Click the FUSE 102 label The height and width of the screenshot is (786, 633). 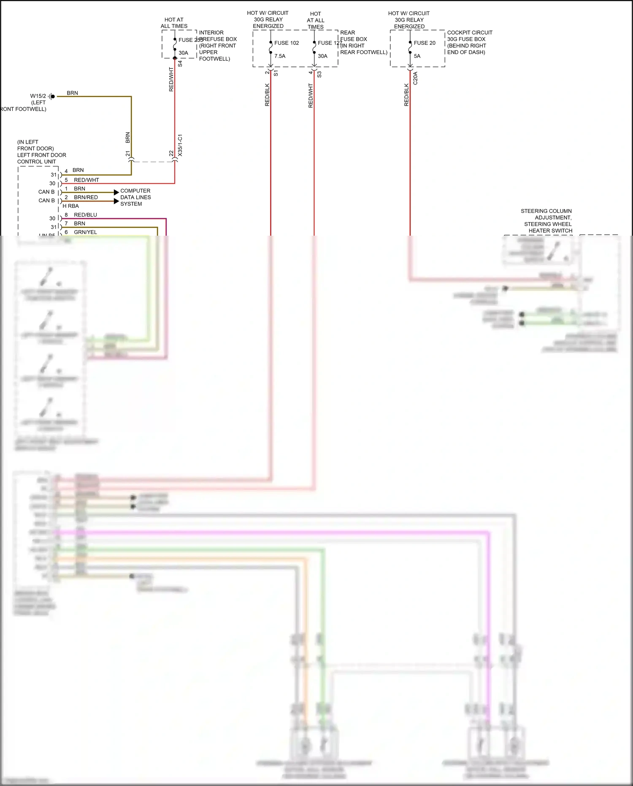pos(286,43)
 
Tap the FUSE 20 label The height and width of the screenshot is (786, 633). pos(425,43)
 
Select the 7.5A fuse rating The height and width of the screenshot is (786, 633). pos(280,56)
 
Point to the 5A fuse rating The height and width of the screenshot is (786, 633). pos(417,56)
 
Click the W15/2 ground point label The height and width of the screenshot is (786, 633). pos(38,96)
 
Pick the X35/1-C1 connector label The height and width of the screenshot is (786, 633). pos(180,145)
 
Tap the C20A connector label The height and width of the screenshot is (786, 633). pos(415,78)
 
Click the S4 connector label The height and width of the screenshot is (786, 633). pos(180,64)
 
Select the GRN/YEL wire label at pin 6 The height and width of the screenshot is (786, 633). pos(85,232)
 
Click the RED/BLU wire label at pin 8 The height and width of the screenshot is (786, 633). pos(85,215)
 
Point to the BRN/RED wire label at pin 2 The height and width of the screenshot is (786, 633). pos(86,197)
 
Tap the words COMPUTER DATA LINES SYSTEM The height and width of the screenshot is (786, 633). pos(135,197)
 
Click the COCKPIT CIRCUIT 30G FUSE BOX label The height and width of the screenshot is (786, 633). pos(469,36)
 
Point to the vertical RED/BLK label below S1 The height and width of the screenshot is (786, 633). pos(267,95)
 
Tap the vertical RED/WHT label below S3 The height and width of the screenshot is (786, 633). pos(311,95)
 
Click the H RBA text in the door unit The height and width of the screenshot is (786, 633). pos(70,206)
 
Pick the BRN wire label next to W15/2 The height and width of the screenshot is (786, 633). pos(72,93)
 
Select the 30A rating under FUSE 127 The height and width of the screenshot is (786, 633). pos(322,56)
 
